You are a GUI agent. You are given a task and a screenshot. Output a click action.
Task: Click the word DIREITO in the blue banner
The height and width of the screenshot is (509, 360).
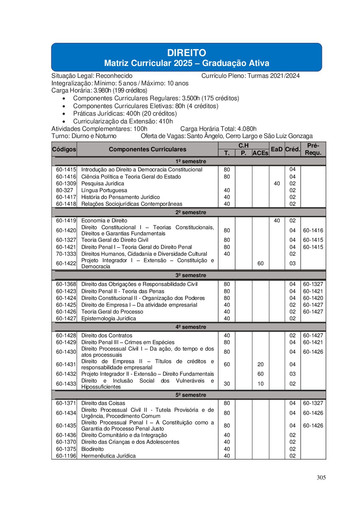pos(186,53)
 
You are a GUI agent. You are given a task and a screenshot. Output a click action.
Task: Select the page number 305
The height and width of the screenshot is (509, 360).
pos(321,477)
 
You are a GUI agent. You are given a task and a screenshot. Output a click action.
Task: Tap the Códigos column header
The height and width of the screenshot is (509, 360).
pos(64,149)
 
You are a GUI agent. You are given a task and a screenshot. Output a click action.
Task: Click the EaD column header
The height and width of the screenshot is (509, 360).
pos(277,149)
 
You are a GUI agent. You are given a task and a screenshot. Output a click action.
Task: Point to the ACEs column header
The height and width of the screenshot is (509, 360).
pos(260,153)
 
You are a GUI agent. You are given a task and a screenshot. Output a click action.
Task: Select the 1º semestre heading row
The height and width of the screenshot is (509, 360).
pos(191,162)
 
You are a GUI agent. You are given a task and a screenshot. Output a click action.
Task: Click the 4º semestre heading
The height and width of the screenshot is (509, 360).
pos(191,327)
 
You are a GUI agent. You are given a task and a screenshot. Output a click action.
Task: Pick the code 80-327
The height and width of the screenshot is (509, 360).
pos(65,190)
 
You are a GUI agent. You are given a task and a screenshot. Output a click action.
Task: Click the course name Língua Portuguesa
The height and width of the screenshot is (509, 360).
pos(104,190)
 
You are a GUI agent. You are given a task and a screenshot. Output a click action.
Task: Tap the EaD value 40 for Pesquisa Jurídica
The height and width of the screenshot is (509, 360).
pos(277,184)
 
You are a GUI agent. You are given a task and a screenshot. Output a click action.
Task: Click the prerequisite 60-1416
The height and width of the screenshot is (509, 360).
pos(313,231)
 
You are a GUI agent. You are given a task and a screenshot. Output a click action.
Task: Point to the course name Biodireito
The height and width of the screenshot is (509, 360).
pos(93,449)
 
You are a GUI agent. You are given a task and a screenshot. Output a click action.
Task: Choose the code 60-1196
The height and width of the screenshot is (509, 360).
pos(66,456)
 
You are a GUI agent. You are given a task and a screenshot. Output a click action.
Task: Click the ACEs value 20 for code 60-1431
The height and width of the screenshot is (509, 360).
pos(260,364)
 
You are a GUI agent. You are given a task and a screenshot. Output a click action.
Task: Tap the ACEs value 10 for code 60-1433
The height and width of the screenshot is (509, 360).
pos(260,384)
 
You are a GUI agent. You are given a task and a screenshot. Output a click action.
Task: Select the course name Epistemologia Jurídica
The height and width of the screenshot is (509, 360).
pos(109,319)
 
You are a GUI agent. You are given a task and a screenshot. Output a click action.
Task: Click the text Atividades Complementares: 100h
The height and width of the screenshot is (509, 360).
pos(99,129)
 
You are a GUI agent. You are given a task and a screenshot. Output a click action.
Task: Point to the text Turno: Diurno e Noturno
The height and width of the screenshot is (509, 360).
pos(84,136)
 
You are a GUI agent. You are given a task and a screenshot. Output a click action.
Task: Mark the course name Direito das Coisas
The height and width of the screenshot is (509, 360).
pos(103,403)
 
